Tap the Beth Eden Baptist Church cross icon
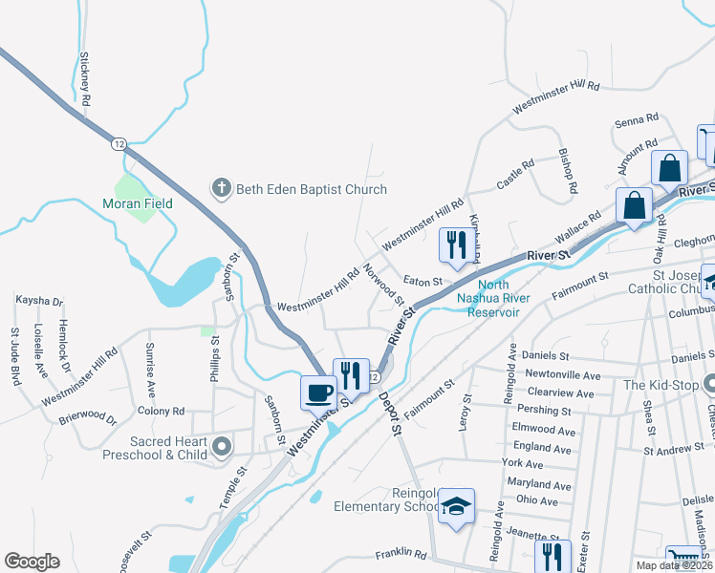pos(221,188)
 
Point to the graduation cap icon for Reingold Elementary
pos(457,505)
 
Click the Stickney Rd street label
pos(85,78)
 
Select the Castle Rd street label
pos(515,174)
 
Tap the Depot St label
pos(387,414)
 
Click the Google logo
pos(32,562)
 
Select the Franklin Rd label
pos(400,553)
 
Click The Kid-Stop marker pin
pos(708,385)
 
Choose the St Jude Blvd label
pos(15,352)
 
